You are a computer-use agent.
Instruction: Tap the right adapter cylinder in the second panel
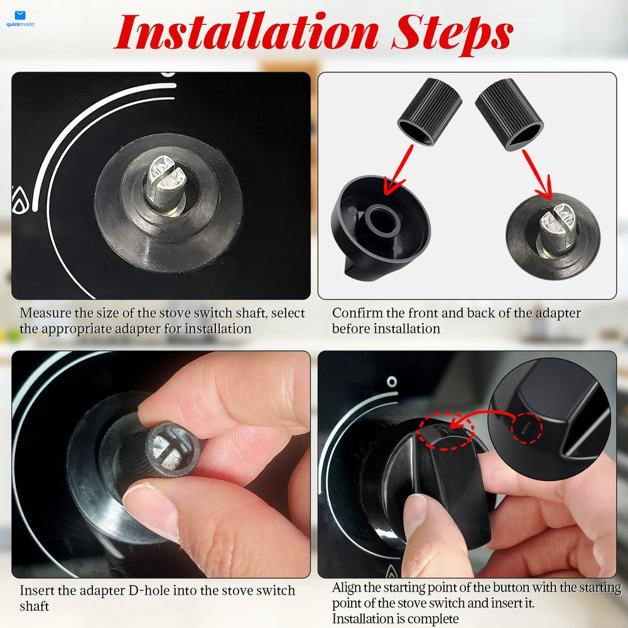509,113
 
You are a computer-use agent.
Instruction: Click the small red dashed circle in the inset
526,429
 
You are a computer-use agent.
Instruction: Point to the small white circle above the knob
391,380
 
